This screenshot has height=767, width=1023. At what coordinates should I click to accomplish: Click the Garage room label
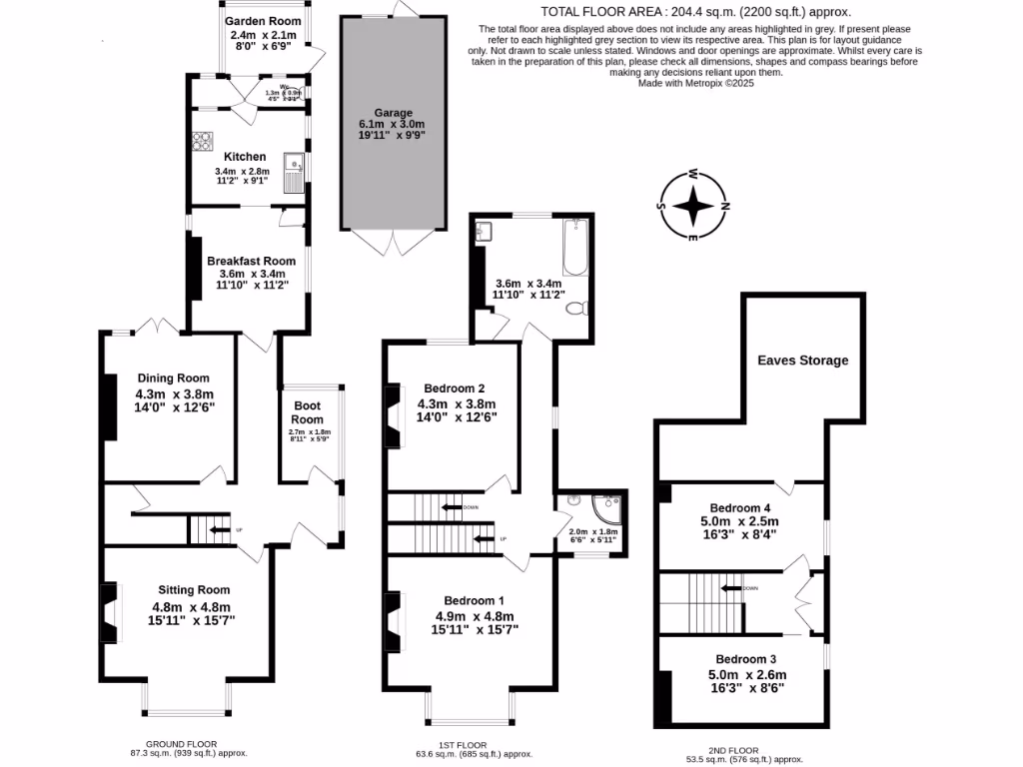click(x=385, y=113)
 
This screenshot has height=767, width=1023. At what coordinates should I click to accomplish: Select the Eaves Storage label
click(x=802, y=360)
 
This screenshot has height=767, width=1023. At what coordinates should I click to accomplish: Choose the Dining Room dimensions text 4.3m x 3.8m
click(x=176, y=393)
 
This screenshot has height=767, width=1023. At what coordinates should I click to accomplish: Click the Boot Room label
click(x=308, y=412)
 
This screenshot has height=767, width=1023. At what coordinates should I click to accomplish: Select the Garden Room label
click(x=263, y=20)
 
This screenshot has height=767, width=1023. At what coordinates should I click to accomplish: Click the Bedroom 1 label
click(x=474, y=600)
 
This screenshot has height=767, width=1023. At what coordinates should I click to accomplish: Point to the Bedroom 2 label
click(x=455, y=387)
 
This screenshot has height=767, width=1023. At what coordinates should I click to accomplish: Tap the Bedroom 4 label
click(x=743, y=506)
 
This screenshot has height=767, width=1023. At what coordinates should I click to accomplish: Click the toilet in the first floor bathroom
click(x=576, y=310)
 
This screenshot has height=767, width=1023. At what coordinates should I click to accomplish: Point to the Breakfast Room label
click(x=251, y=261)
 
